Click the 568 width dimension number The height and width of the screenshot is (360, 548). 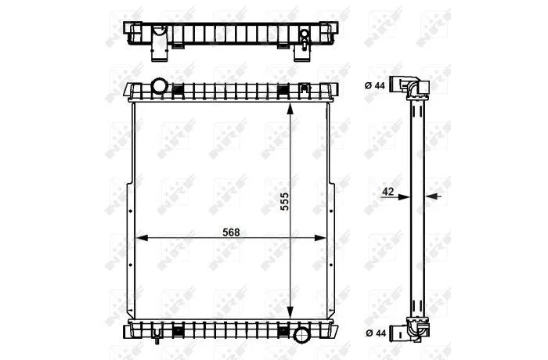click(x=232, y=232)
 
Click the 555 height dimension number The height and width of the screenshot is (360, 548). click(x=285, y=201)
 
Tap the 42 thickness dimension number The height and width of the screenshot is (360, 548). click(x=388, y=191)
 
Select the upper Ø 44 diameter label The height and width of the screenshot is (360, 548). click(x=375, y=85)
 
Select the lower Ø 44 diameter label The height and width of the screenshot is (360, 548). click(x=376, y=333)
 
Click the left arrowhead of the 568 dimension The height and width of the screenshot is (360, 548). click(x=141, y=238)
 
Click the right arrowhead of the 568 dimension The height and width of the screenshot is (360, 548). click(x=320, y=238)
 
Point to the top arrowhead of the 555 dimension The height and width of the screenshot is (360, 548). click(x=290, y=109)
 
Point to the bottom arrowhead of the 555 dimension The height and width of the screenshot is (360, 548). click(x=290, y=312)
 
